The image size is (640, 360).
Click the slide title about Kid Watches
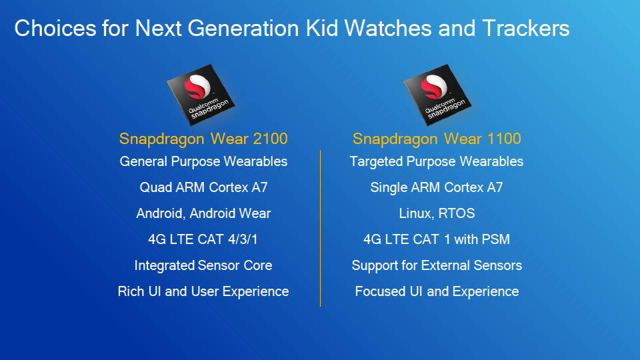pos(291,29)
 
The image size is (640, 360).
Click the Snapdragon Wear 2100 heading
pos(203,139)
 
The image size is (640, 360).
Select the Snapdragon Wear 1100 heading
pos(437,139)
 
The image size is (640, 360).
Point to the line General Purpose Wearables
pos(203,161)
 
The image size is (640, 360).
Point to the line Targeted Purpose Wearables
pos(437,161)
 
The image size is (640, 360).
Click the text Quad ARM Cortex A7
pos(203,187)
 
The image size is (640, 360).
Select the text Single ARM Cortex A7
pos(437,187)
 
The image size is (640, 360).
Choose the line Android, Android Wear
pos(203,213)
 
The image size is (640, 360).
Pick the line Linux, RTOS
pos(437,213)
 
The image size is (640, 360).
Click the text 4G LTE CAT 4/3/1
pos(203,239)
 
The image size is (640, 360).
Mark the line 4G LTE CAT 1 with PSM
pos(437,239)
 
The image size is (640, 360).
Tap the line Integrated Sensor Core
pos(203,265)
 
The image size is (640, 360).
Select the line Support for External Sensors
pos(437,265)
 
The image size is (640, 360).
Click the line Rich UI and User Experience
pos(203,291)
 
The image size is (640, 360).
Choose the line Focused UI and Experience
pos(437,291)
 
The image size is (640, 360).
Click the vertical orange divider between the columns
pos(321,227)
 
